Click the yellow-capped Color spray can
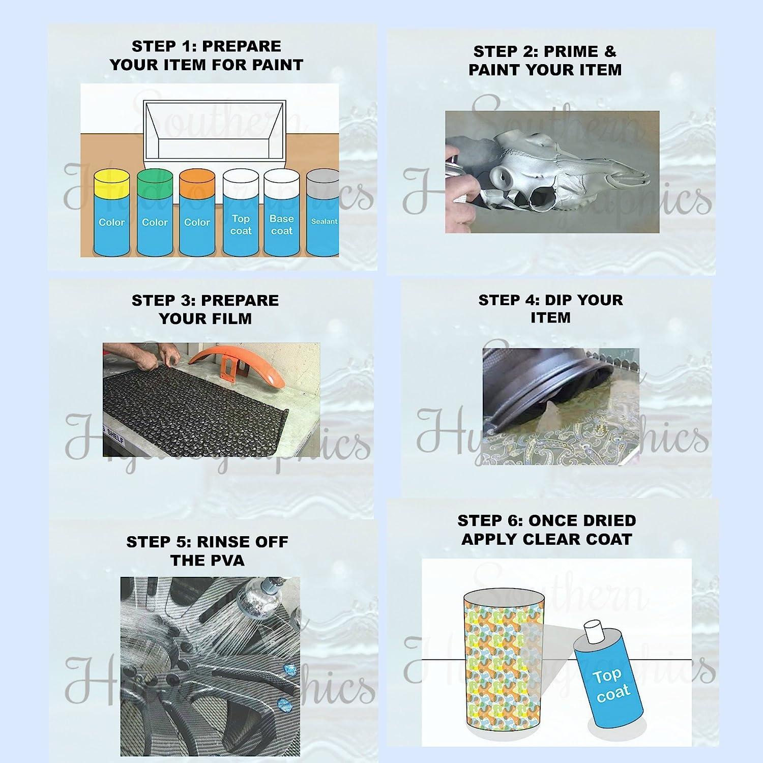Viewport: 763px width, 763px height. (112, 214)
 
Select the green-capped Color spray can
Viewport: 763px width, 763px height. (155, 214)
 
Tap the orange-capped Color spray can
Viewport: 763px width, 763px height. (197, 214)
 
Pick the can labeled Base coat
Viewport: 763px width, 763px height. (282, 214)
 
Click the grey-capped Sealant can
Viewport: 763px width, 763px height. (324, 214)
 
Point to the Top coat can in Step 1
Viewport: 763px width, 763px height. (240, 214)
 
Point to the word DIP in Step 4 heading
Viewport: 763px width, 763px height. (561, 300)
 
